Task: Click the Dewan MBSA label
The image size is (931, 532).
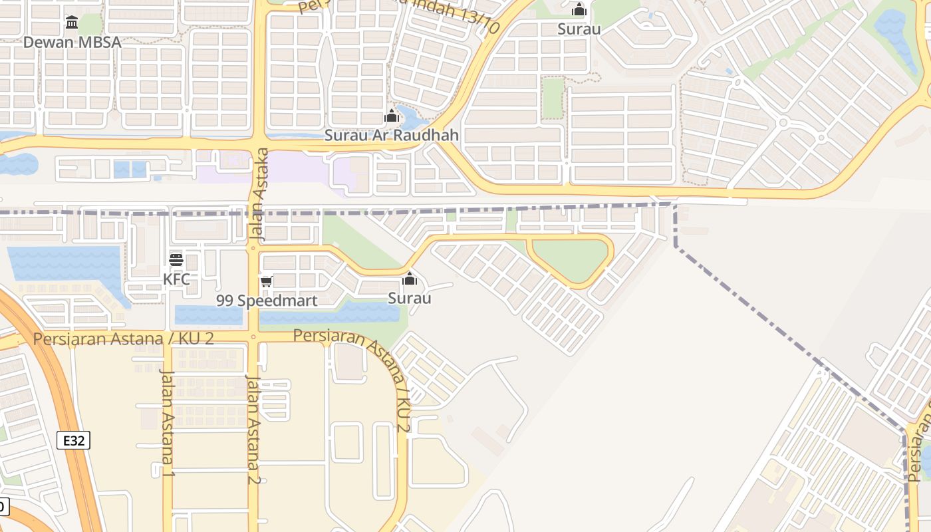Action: click(x=72, y=43)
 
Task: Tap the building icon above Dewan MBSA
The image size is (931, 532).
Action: click(x=72, y=23)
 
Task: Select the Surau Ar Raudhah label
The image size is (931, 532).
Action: click(x=391, y=135)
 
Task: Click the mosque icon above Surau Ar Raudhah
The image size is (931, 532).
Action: click(x=391, y=116)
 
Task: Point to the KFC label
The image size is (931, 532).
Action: click(x=176, y=279)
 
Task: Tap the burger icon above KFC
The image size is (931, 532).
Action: click(x=176, y=260)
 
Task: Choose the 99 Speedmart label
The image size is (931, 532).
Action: click(x=267, y=301)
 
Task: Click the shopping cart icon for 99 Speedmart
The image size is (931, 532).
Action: click(x=267, y=282)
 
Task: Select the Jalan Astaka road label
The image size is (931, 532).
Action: click(x=261, y=194)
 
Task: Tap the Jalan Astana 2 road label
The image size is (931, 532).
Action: click(x=253, y=429)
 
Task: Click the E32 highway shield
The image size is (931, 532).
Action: click(x=73, y=440)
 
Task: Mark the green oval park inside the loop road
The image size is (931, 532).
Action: click(x=571, y=259)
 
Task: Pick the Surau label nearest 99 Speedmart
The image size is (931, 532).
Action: click(x=410, y=298)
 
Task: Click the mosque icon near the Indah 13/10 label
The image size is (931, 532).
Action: click(x=579, y=9)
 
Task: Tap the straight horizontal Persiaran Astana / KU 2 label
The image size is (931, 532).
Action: click(x=123, y=338)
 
